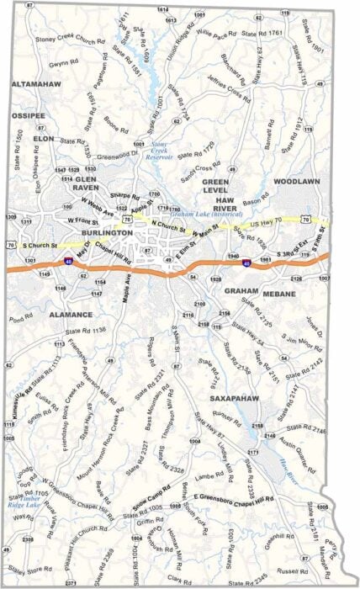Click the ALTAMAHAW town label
tap(34, 85)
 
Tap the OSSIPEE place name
tap(28, 116)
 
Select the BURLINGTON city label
tap(107, 232)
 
